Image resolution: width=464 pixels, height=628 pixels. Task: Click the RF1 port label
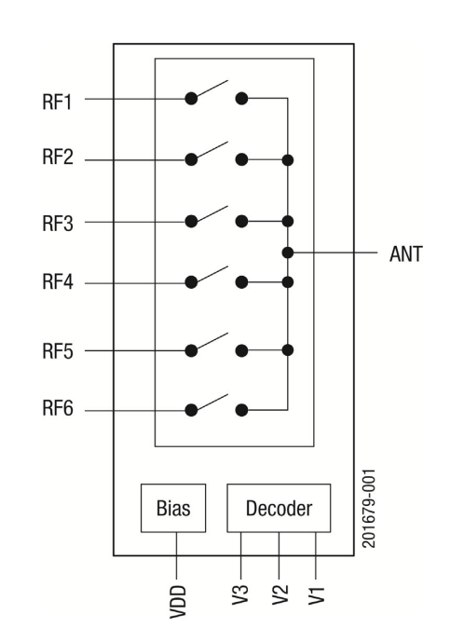(x=57, y=102)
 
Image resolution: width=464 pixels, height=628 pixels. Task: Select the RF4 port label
(x=58, y=281)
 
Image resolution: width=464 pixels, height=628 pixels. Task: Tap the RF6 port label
(x=58, y=408)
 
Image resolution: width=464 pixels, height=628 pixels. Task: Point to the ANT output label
(x=406, y=254)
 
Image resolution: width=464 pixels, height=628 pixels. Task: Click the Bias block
(x=173, y=508)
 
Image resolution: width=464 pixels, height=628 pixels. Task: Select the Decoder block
(x=279, y=508)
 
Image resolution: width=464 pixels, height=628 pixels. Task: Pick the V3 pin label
(x=240, y=594)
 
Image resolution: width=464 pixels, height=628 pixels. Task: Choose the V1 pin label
(x=317, y=594)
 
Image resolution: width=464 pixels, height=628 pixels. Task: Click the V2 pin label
(x=280, y=594)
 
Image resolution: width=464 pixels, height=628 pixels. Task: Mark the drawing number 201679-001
(x=369, y=508)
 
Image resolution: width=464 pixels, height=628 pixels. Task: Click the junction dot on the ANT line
(x=288, y=253)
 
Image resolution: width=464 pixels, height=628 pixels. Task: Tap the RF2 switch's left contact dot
(x=191, y=160)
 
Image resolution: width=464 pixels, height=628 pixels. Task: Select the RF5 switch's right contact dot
(x=241, y=351)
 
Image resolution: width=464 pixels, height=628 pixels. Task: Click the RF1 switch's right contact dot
(x=241, y=99)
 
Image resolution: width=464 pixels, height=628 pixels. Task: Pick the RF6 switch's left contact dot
(x=191, y=410)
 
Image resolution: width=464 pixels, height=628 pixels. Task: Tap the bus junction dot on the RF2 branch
(x=288, y=160)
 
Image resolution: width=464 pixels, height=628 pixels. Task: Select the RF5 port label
(x=58, y=351)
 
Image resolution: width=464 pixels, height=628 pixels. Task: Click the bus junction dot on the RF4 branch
(x=288, y=282)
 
